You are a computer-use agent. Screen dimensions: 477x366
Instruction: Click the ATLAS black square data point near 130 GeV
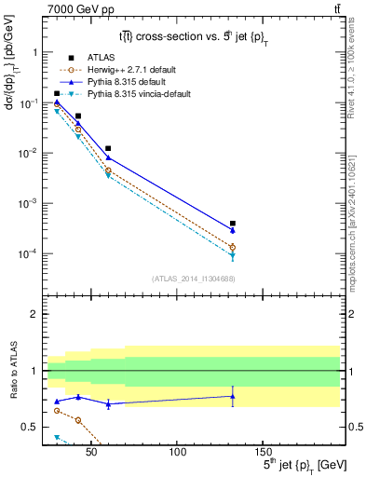pyautogui.click(x=232, y=224)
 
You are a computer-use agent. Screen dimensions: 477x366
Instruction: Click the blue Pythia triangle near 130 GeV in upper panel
pyautogui.click(x=232, y=230)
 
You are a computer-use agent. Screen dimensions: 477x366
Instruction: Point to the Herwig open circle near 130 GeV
pyautogui.click(x=232, y=247)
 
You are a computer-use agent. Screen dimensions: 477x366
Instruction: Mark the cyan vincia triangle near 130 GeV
pyautogui.click(x=232, y=256)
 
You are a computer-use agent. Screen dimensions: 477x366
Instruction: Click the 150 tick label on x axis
pyautogui.click(x=263, y=451)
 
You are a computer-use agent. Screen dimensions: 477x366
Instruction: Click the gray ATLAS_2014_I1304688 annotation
pyautogui.click(x=195, y=279)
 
